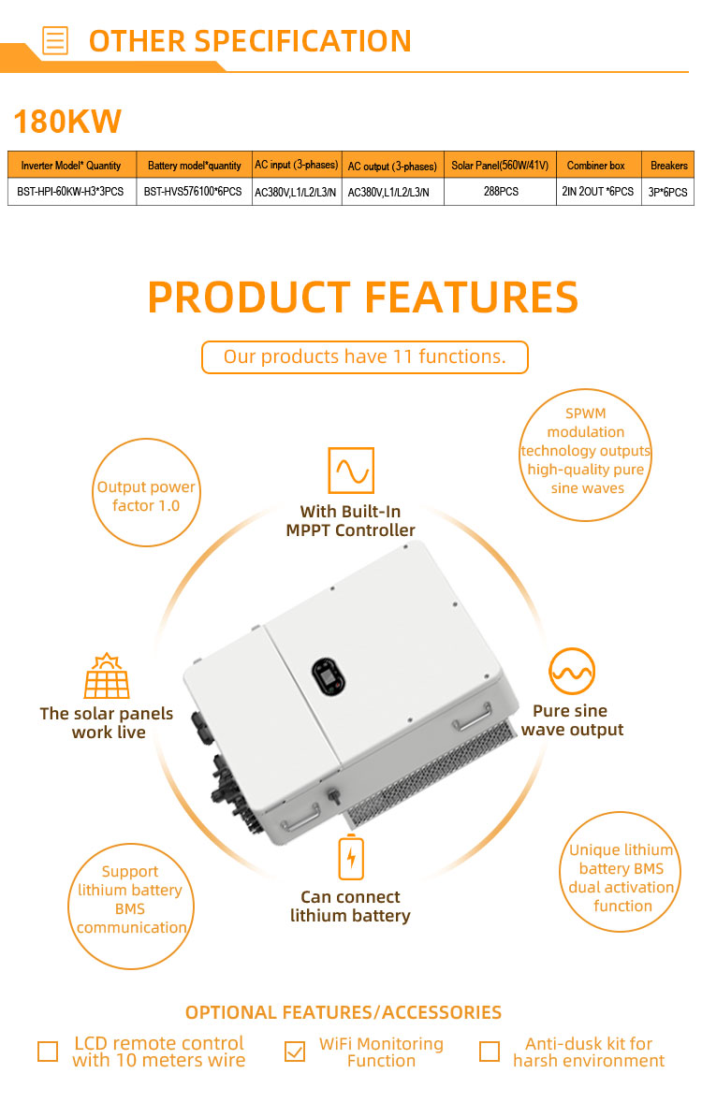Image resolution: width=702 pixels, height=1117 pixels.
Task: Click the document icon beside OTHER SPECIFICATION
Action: click(55, 40)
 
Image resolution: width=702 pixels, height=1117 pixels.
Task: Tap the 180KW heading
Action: click(67, 122)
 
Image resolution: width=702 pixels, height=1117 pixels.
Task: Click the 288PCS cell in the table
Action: click(501, 192)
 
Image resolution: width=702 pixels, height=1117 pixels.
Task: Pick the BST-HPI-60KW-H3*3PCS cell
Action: click(71, 192)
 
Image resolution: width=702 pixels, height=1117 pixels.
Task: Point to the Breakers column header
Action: click(667, 165)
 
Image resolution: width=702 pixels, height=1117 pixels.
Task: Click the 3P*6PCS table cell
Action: click(667, 192)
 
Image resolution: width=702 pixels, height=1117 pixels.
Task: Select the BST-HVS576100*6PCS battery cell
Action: click(194, 192)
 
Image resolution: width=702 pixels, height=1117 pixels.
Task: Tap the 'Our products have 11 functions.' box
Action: click(365, 357)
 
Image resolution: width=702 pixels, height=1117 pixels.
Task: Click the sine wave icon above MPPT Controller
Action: click(351, 471)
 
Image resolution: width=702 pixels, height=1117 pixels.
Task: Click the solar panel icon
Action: click(107, 675)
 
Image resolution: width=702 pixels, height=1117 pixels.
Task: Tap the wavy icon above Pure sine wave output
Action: click(572, 671)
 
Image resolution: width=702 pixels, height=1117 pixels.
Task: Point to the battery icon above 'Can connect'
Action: click(351, 857)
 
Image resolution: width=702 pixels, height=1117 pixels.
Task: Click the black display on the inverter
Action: click(329, 676)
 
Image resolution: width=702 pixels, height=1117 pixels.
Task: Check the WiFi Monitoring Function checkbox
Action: click(294, 1052)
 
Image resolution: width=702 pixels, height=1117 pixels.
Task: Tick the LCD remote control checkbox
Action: click(48, 1052)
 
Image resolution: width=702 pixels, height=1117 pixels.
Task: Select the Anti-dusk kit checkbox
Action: click(490, 1052)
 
